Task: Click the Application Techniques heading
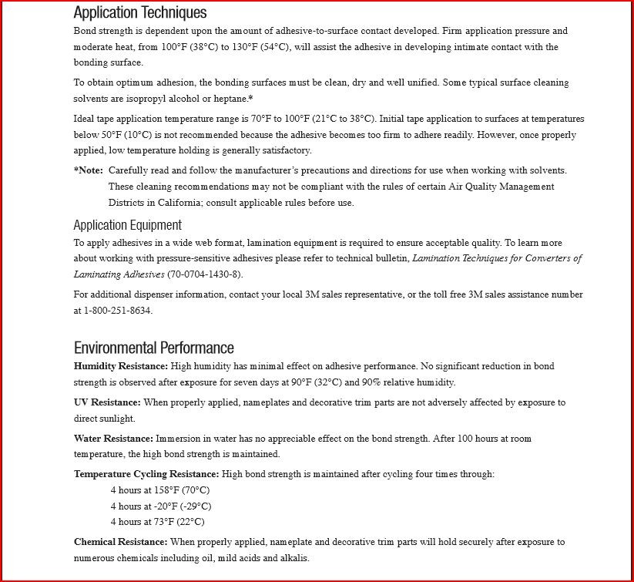tap(140, 12)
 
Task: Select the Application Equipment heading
tap(127, 225)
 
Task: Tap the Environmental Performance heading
tap(153, 347)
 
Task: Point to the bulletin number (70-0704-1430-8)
tap(216, 274)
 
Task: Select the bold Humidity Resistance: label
tap(120, 366)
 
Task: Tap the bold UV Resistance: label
tap(107, 402)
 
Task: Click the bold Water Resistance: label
tap(113, 439)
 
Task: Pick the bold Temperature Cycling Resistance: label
tap(146, 474)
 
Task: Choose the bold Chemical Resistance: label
tap(120, 542)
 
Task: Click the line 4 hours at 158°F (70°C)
tap(160, 490)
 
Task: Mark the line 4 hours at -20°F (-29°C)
tap(161, 506)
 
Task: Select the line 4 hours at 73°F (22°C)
tap(158, 522)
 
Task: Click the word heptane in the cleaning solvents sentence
tap(231, 99)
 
